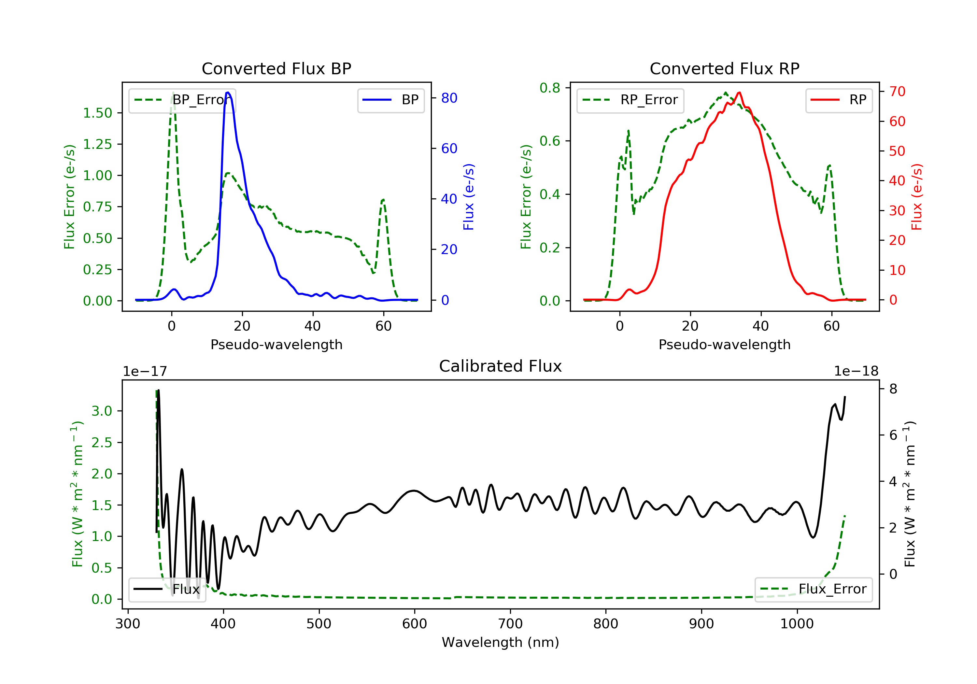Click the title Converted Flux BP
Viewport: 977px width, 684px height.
coord(276,68)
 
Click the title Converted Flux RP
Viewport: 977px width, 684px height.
coord(724,68)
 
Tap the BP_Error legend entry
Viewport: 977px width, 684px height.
coord(182,100)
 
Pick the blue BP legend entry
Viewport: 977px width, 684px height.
coord(390,100)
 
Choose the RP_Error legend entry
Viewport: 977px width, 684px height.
coord(630,100)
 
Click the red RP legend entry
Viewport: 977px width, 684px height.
coord(839,100)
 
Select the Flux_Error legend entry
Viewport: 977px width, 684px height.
coord(813,589)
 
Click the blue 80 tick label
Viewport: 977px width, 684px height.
coord(449,98)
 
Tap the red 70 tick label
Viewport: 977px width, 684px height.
coord(897,91)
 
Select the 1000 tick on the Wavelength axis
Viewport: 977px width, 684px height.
coord(797,624)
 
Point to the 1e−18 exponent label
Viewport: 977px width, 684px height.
coord(856,372)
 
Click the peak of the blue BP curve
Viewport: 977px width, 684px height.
coord(228,93)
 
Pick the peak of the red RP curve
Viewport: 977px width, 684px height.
coord(740,93)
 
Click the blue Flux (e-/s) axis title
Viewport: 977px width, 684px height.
coord(469,197)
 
